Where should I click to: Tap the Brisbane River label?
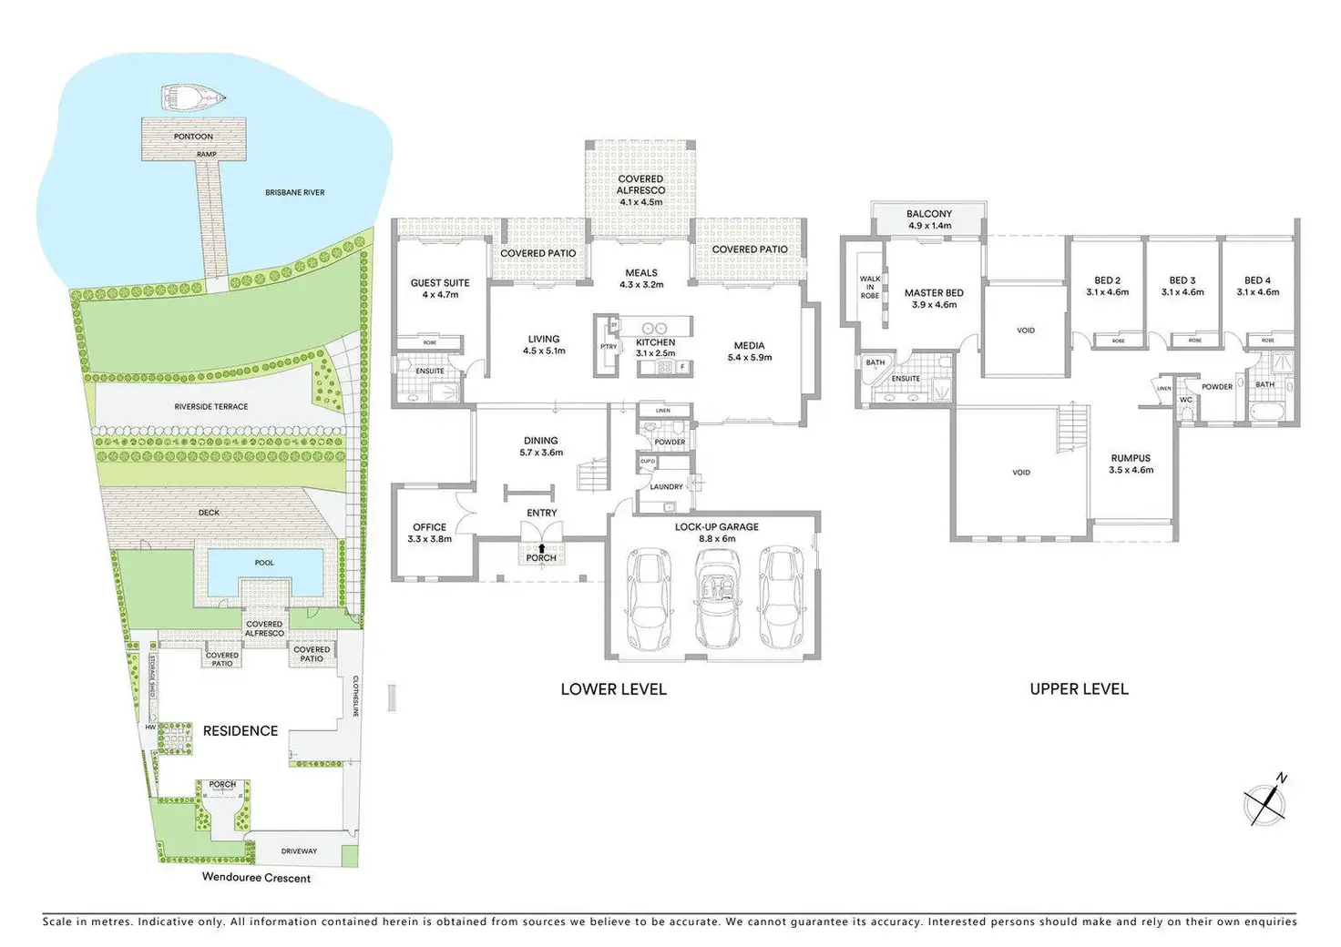(x=295, y=193)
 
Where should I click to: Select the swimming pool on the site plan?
(x=264, y=571)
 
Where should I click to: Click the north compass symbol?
(x=1265, y=802)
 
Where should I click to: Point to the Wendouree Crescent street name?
(x=256, y=879)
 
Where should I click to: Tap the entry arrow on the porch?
(x=541, y=548)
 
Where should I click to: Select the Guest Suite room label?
(x=440, y=283)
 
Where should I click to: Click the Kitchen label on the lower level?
(x=656, y=342)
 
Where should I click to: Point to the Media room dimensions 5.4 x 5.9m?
(x=750, y=358)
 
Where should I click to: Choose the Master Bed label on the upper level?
(x=934, y=293)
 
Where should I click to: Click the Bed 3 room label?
(x=1182, y=280)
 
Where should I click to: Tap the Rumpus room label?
(x=1131, y=458)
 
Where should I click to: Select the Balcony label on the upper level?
(x=929, y=214)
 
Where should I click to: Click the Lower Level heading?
(x=613, y=689)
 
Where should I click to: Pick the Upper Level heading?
(x=1079, y=689)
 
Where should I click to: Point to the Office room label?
(x=430, y=527)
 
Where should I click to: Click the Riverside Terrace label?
(x=211, y=407)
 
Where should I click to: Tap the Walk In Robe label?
(x=870, y=288)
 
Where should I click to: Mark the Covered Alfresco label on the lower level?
(x=640, y=185)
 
